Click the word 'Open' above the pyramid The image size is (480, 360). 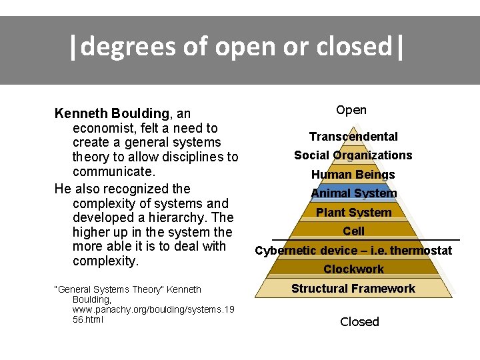351,110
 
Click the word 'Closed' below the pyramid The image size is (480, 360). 359,321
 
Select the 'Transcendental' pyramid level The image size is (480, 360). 353,137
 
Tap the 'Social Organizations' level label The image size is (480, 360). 353,155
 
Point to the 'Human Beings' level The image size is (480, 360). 353,175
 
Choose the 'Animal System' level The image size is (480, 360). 353,193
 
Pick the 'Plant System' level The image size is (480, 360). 353,213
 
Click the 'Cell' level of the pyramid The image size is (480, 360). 353,231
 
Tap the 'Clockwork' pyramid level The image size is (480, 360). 353,269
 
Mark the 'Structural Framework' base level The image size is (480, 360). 353,289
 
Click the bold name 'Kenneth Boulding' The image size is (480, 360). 111,114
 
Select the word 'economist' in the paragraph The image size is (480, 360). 103,128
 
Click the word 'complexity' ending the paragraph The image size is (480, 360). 104,261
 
